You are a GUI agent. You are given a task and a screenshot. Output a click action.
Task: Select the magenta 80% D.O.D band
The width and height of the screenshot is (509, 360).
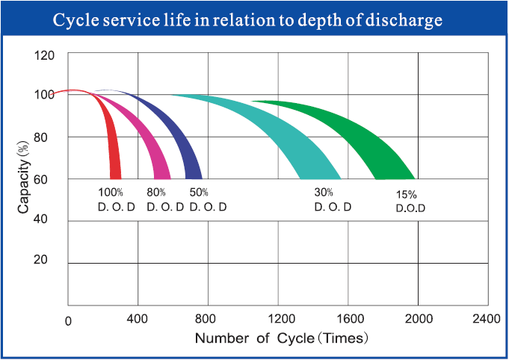[x=153, y=149]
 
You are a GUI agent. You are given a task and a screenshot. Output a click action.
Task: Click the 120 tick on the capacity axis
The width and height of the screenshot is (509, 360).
[x=45, y=55]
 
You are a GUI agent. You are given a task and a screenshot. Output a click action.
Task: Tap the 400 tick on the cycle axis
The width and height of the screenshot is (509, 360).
[x=138, y=320]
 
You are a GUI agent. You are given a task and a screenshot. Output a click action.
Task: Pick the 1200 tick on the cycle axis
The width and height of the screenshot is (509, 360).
[x=279, y=320]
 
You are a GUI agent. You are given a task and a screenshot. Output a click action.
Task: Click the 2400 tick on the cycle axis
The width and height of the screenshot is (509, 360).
[x=486, y=320]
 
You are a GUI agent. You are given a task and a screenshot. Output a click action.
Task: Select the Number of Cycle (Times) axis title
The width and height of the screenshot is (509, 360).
[x=282, y=338]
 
